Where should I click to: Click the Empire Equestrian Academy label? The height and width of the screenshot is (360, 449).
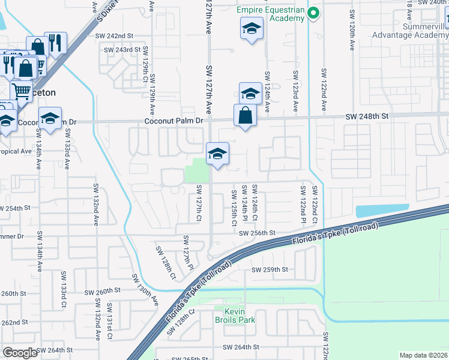tap(270, 14)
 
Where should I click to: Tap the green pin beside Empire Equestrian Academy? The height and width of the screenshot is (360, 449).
tap(313, 13)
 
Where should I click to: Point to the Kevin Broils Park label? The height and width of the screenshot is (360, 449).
tap(240, 316)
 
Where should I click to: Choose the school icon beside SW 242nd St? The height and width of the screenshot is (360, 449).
tap(252, 28)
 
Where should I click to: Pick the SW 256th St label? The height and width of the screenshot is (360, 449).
tap(256, 233)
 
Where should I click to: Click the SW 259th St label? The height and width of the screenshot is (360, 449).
tap(270, 270)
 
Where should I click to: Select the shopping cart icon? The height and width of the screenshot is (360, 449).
tap(21, 91)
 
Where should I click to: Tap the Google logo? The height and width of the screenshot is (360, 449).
tap(20, 353)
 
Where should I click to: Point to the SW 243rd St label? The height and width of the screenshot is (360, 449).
tap(122, 50)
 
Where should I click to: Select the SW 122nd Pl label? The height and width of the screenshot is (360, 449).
tap(303, 201)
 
